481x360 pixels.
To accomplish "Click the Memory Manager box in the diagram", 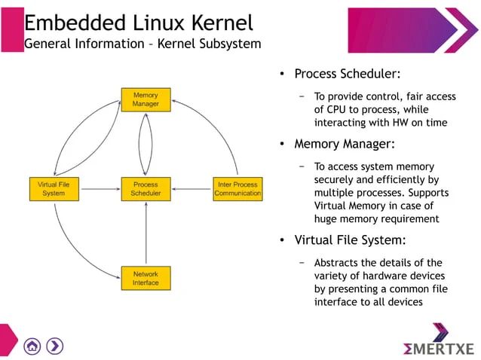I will pos(146,99).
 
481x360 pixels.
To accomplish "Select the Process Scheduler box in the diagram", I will pos(146,188).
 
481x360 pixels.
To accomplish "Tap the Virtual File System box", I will pos(53,188).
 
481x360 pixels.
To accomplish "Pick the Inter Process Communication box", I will pos(237,188).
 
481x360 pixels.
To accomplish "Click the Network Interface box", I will pos(146,278).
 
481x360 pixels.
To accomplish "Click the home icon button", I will pos(32,346).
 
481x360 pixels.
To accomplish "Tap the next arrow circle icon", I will pos(55,346).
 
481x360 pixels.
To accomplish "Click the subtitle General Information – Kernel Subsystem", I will pos(142,44).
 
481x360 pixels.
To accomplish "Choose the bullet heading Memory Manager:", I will pos(345,144).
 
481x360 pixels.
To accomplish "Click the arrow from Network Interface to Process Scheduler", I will pos(146,233).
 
